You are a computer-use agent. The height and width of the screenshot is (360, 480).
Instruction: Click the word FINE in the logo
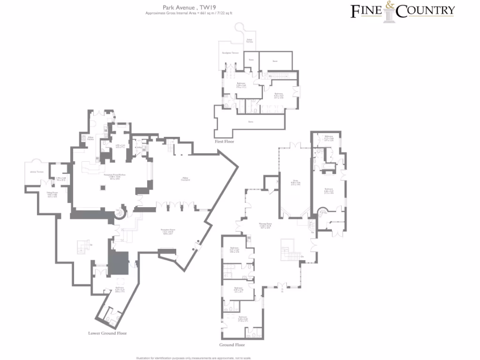click(x=367, y=11)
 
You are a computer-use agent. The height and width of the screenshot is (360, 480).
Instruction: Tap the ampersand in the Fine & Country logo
click(x=390, y=7)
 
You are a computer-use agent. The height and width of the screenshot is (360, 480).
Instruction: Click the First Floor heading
click(x=224, y=141)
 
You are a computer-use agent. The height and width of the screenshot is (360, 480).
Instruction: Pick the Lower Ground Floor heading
click(x=107, y=333)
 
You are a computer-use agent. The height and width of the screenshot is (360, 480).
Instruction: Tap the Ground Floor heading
click(x=232, y=345)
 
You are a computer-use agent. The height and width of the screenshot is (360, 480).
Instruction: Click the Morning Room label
click(x=266, y=225)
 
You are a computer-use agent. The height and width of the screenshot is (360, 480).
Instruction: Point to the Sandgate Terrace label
click(x=230, y=53)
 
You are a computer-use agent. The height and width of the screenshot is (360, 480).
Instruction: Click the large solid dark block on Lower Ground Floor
click(x=118, y=263)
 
